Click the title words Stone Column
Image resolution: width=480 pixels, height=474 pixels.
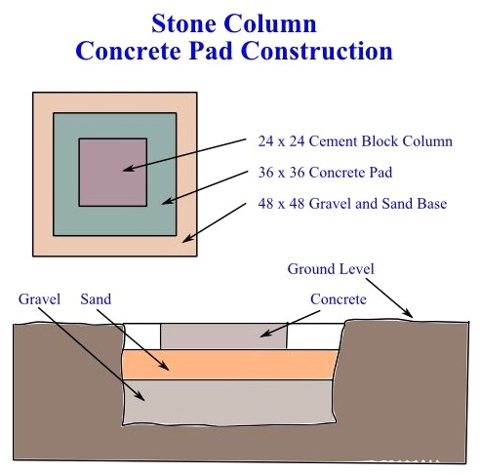(234, 23)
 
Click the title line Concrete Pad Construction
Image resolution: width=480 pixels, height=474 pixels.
(234, 51)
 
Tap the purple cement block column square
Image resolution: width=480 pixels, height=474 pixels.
(113, 173)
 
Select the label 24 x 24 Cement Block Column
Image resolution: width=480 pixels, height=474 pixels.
(355, 141)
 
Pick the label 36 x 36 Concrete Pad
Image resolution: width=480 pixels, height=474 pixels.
(325, 173)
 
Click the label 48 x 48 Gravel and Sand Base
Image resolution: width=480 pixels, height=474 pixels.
(352, 204)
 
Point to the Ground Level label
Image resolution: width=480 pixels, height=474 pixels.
(331, 269)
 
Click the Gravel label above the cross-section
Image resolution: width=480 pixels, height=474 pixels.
(39, 299)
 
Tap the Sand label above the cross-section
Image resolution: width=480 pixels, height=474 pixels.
(96, 299)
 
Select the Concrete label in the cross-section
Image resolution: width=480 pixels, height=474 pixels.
(339, 299)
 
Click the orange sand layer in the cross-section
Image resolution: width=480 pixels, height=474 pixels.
(230, 365)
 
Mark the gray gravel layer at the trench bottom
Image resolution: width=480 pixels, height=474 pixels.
(229, 402)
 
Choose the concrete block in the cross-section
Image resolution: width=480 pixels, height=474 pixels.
(224, 336)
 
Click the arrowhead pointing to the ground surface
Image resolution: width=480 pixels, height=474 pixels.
(408, 313)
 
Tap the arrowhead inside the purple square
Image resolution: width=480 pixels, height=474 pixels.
(129, 169)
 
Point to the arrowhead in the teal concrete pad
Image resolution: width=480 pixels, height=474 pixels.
(168, 201)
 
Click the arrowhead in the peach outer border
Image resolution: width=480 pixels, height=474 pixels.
(187, 239)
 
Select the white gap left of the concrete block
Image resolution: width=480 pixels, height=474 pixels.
(142, 336)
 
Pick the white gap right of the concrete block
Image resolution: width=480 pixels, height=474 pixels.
(314, 336)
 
